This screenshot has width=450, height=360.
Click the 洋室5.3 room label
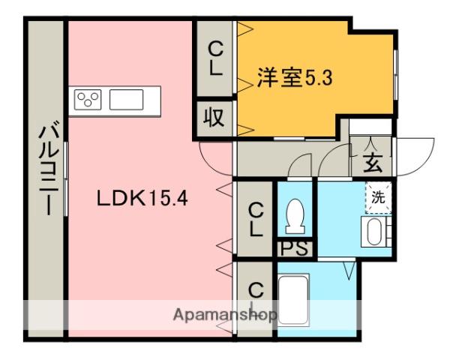294,77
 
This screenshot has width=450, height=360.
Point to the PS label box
294,249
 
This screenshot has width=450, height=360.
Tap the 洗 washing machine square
379,198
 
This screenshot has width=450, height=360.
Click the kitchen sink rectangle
127,100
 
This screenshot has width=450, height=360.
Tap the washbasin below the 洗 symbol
375,232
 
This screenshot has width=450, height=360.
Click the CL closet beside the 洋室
215,60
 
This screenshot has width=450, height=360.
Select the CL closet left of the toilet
256,219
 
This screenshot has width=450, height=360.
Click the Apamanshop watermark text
225,313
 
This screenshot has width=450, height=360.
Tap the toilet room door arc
301,165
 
